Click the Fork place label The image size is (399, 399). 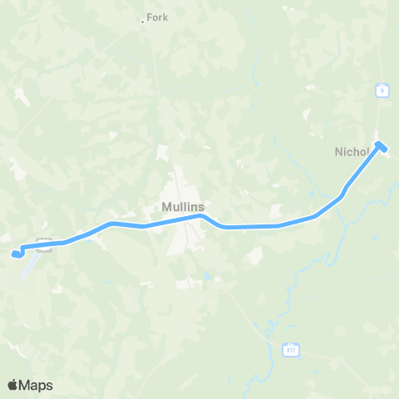157,17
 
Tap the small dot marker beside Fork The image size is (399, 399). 143,22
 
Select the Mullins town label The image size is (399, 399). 183,207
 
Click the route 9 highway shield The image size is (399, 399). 382,91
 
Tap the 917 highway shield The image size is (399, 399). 289,349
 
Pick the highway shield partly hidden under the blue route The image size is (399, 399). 45,243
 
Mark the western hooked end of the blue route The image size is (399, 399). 15,253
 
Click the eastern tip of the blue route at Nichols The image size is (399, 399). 381,146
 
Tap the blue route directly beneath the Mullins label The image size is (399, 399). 183,219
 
